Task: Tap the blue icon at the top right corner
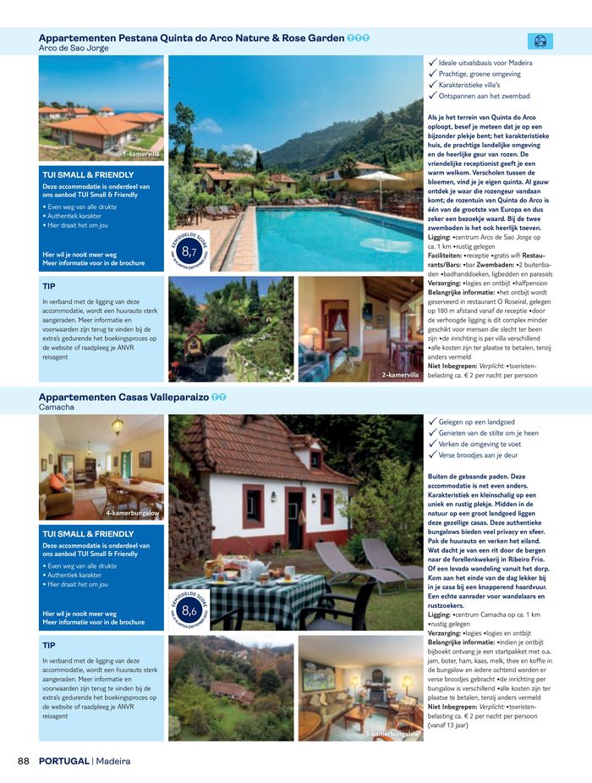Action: (x=540, y=41)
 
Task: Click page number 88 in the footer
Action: (x=25, y=761)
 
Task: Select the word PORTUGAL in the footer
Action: (x=63, y=761)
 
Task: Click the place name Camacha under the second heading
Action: (x=57, y=407)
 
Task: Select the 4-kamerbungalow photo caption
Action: (x=133, y=513)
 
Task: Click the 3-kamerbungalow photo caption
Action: (x=393, y=734)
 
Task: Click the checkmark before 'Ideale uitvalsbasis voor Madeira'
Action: (x=433, y=63)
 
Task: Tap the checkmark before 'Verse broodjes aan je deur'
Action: (x=433, y=455)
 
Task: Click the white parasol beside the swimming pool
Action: (x=381, y=179)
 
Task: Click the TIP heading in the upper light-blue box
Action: (x=50, y=285)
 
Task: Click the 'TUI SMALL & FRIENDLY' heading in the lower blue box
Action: (x=88, y=534)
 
